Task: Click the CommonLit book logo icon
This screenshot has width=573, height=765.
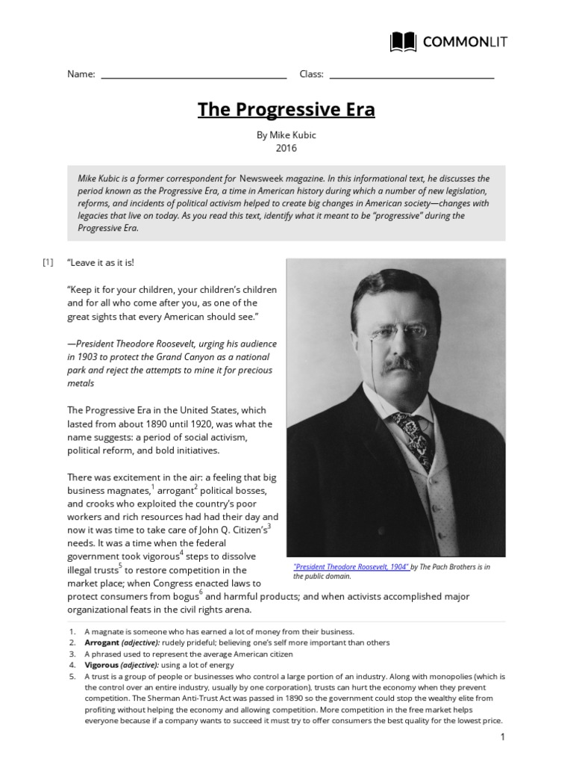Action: [x=404, y=42]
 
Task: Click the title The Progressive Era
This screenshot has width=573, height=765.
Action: [x=286, y=111]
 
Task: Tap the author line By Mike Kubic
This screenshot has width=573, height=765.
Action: [x=286, y=134]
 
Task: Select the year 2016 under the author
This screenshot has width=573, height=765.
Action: [x=286, y=148]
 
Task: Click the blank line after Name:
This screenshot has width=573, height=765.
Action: [x=193, y=75]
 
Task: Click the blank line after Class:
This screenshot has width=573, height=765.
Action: [x=411, y=75]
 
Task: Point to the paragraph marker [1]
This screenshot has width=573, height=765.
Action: [x=48, y=262]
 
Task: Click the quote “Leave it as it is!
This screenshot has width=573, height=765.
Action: [x=101, y=263]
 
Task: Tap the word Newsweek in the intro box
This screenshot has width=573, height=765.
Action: [x=266, y=179]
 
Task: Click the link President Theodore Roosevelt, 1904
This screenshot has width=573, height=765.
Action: [x=351, y=567]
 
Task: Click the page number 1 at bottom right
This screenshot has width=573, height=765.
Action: [x=503, y=737]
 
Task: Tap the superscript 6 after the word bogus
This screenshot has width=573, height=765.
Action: [x=201, y=592]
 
